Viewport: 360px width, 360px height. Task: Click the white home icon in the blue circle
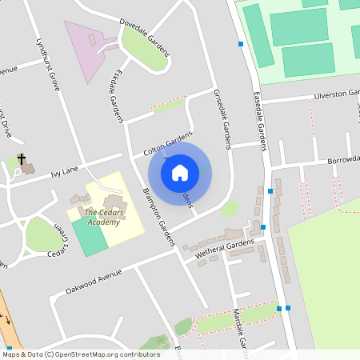pyautogui.click(x=179, y=172)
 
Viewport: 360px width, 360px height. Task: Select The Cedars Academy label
pyautogui.click(x=104, y=218)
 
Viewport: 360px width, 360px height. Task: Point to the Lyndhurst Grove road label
pyautogui.click(x=49, y=63)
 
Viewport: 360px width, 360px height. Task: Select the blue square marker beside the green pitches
pyautogui.click(x=241, y=44)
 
